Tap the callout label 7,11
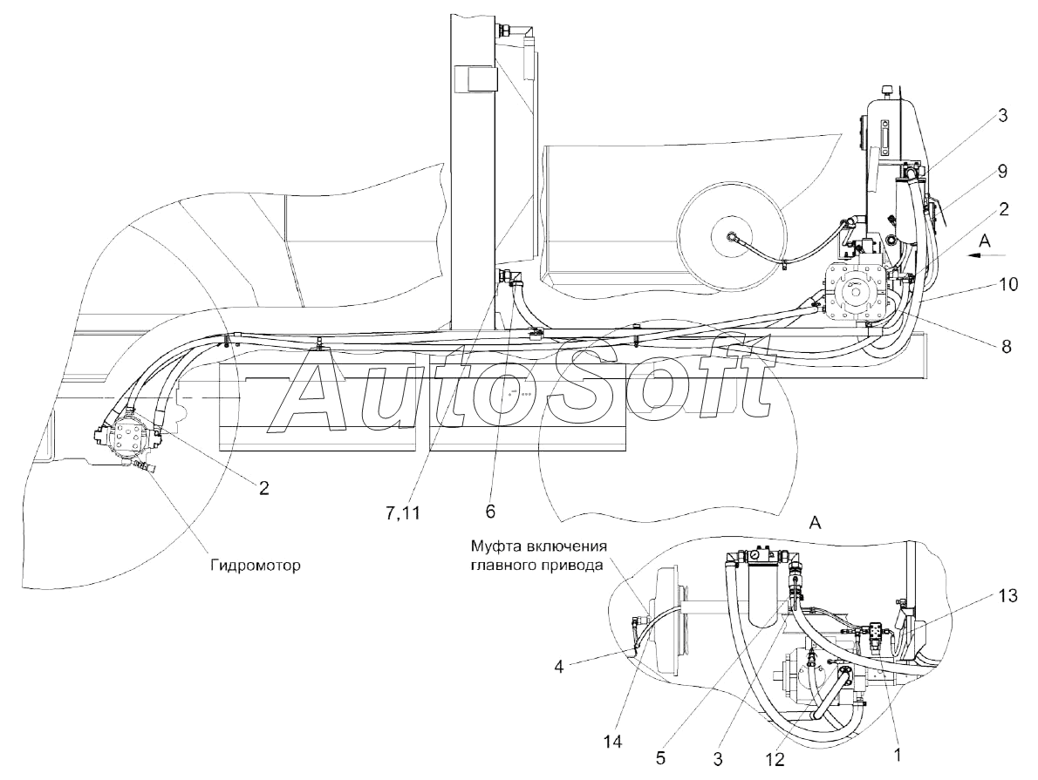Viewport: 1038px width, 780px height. pyautogui.click(x=403, y=512)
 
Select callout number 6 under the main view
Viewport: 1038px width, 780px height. pyautogui.click(x=490, y=511)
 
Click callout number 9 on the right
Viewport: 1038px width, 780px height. pyautogui.click(x=1002, y=172)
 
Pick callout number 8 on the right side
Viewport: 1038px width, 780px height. pyautogui.click(x=1007, y=346)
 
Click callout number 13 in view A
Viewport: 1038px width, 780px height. pyautogui.click(x=1007, y=596)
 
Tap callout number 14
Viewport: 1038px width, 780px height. pyautogui.click(x=613, y=743)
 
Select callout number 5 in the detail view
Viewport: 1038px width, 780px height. pyautogui.click(x=660, y=758)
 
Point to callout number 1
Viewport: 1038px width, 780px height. pyautogui.click(x=897, y=753)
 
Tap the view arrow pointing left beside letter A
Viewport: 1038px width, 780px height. pyautogui.click(x=985, y=254)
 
